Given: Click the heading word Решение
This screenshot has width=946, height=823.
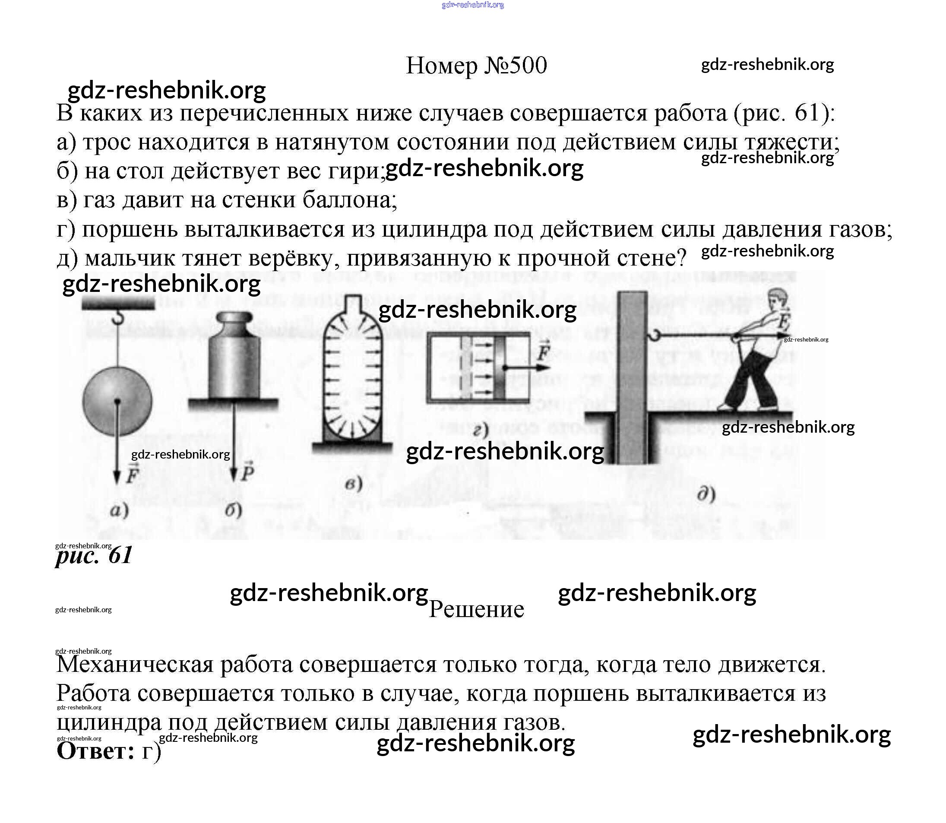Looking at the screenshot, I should click(476, 609).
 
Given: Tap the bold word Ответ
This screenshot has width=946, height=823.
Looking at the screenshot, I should click(95, 751).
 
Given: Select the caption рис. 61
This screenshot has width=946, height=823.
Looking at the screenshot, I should click(94, 555).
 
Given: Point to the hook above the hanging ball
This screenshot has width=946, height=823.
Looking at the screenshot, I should click(119, 317).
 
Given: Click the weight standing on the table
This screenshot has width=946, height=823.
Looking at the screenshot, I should click(234, 358).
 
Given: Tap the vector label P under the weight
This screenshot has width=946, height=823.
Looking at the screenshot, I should click(247, 471).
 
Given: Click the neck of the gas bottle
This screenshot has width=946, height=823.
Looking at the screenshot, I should click(353, 305).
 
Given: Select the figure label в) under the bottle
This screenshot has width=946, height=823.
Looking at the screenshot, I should click(353, 484).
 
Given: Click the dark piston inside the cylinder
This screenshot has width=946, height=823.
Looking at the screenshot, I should click(499, 367).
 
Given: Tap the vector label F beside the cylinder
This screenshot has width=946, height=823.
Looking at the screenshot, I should click(544, 352).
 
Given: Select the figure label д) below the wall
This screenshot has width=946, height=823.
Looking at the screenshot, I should click(706, 495).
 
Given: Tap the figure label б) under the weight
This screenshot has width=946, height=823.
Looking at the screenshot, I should click(234, 510).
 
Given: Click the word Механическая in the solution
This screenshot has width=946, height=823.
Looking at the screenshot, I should click(135, 665).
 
